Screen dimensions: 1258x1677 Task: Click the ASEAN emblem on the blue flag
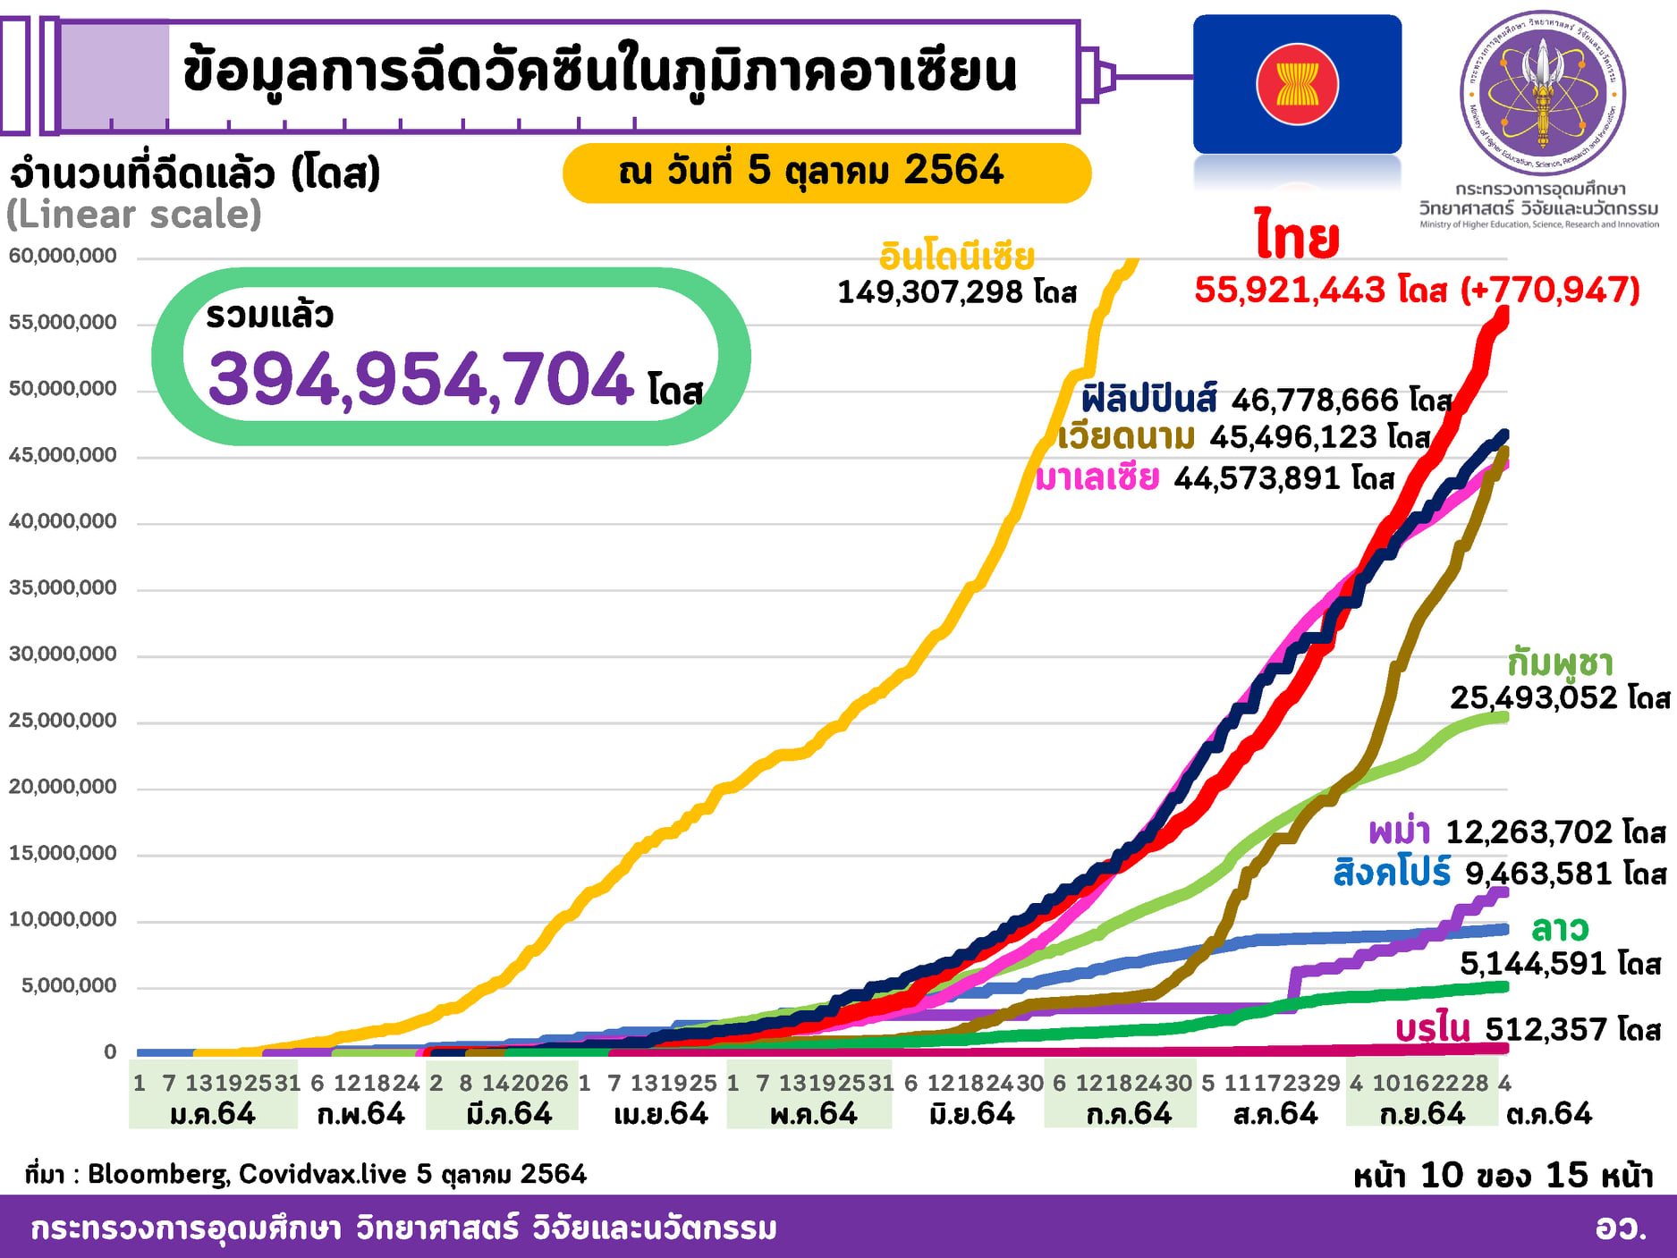click(1297, 85)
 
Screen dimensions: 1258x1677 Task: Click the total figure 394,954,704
click(420, 379)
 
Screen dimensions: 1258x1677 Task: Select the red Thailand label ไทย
click(1297, 237)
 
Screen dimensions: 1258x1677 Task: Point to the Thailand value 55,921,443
click(1290, 291)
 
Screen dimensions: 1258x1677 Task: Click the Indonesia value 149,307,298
click(930, 292)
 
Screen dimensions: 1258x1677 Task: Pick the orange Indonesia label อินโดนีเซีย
click(956, 258)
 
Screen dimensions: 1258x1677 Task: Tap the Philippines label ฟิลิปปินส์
click(1148, 400)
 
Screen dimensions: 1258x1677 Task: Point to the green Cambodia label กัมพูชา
click(1560, 663)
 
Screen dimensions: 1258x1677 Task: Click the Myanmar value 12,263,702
click(1529, 832)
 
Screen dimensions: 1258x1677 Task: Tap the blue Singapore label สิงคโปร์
click(1392, 873)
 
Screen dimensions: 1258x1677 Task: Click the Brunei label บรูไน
click(1433, 1029)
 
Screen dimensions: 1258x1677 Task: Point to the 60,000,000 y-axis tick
click(63, 257)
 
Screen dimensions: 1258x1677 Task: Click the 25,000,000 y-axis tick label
click(63, 721)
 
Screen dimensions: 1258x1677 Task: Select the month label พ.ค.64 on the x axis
click(813, 1114)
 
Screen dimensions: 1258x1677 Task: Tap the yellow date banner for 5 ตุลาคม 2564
click(826, 172)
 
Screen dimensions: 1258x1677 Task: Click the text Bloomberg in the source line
click(157, 1174)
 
